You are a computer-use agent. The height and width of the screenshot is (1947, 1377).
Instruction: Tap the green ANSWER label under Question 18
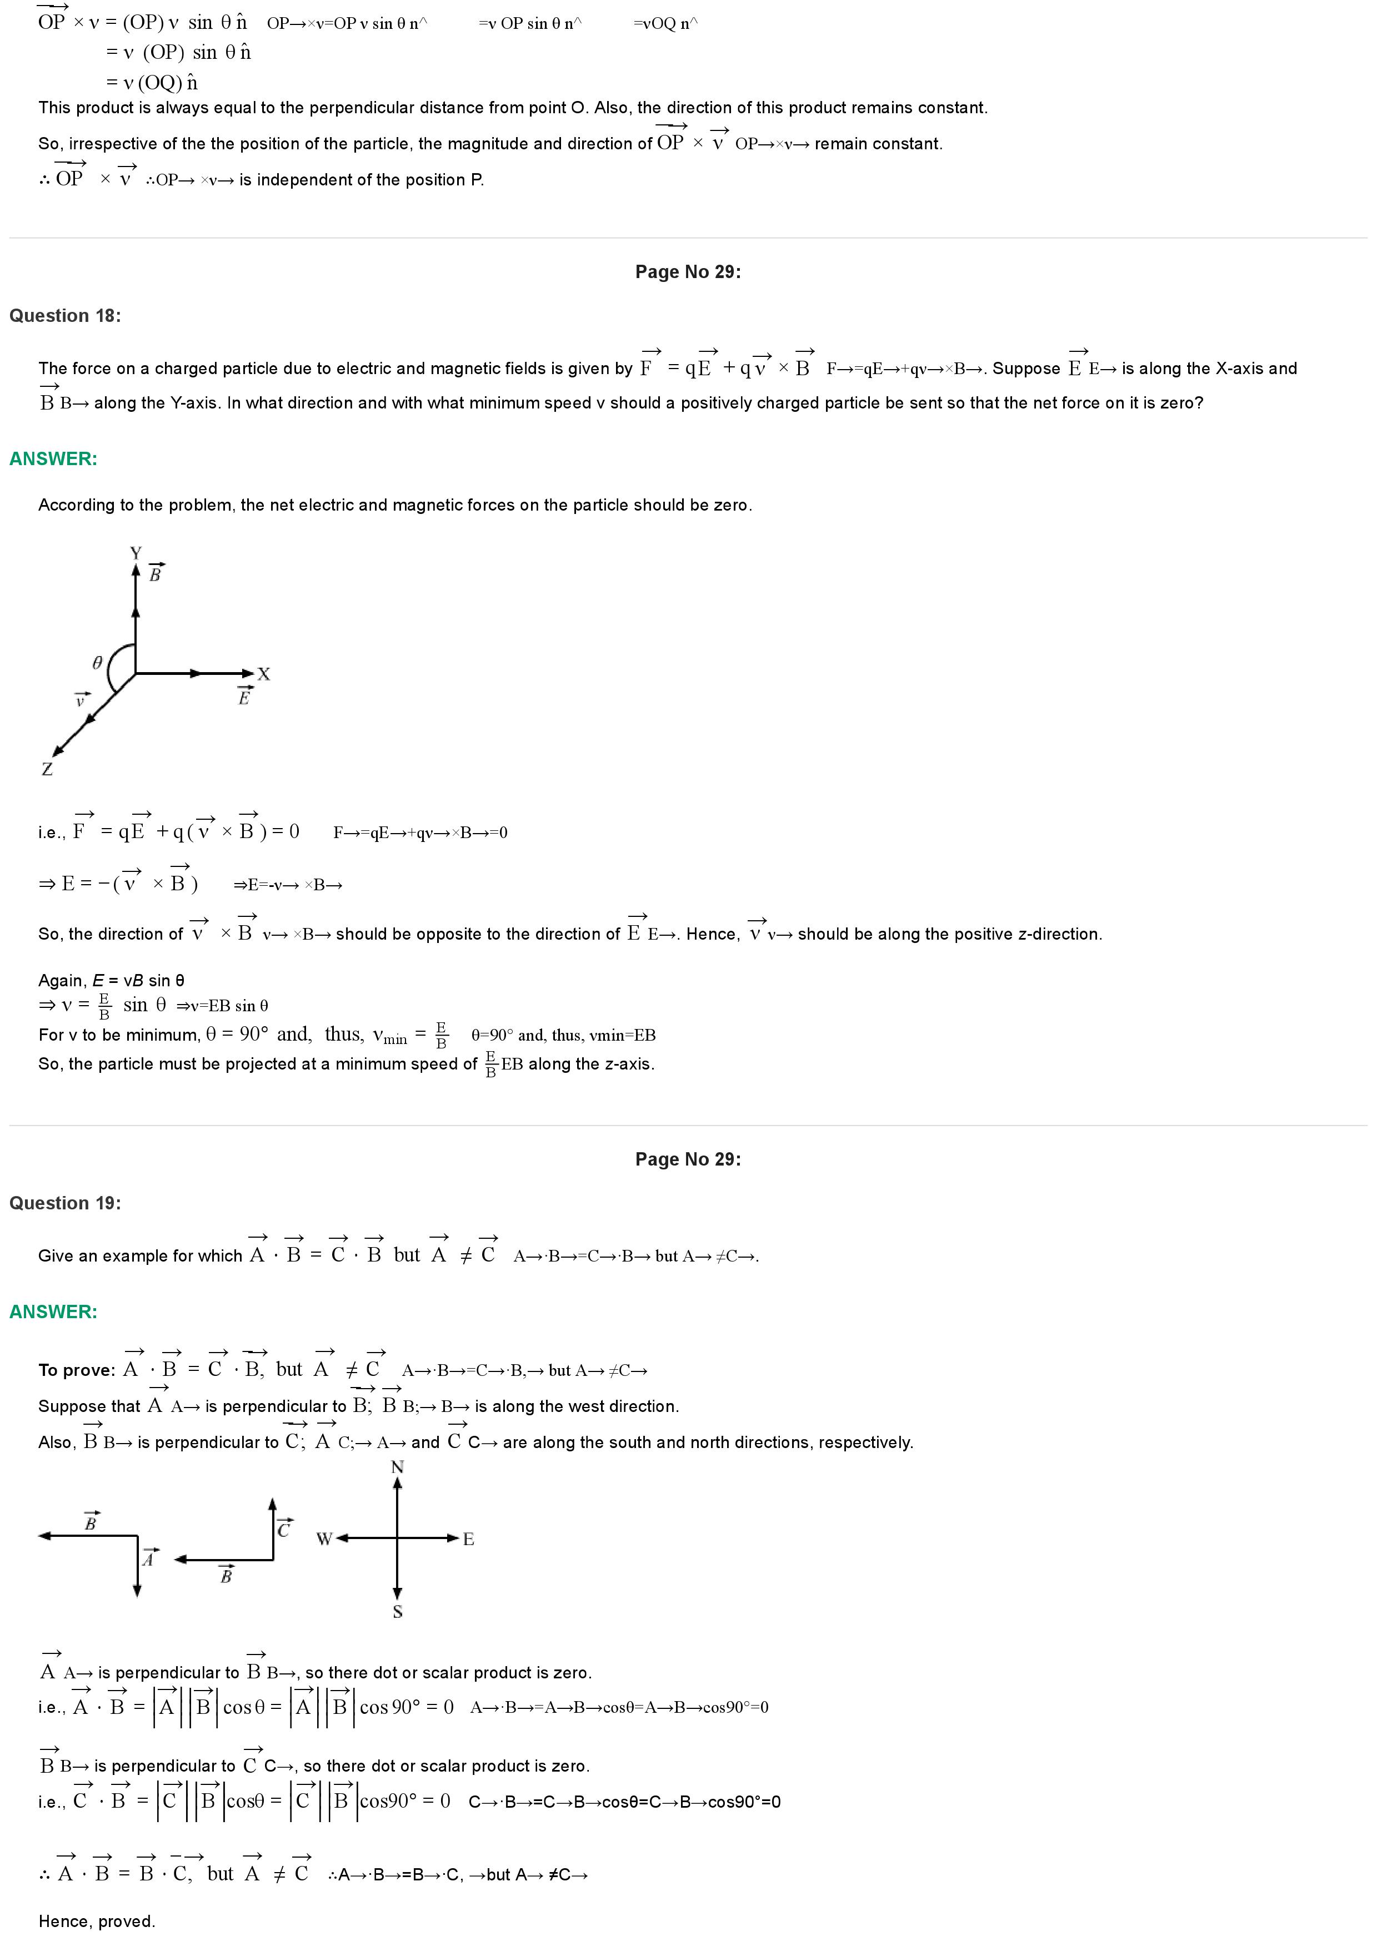(x=53, y=459)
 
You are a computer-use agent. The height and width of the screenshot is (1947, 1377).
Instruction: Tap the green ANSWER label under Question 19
(x=53, y=1312)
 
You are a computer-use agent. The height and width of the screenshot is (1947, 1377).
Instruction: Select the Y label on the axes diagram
(x=136, y=553)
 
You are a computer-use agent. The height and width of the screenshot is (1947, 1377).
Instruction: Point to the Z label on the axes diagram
(x=48, y=769)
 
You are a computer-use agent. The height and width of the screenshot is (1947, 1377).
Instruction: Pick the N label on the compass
(x=397, y=1467)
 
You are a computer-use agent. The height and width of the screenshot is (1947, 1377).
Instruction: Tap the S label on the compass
(x=397, y=1611)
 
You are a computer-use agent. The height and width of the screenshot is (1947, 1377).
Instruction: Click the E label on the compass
(x=468, y=1539)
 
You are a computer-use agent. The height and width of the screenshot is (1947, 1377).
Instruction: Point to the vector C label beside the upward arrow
(x=284, y=1527)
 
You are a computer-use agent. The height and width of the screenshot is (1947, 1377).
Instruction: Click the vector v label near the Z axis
(x=80, y=699)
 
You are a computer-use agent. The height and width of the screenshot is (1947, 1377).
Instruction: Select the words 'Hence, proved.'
(x=96, y=1921)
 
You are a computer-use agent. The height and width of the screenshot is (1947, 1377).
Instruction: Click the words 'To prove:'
(x=76, y=1370)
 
